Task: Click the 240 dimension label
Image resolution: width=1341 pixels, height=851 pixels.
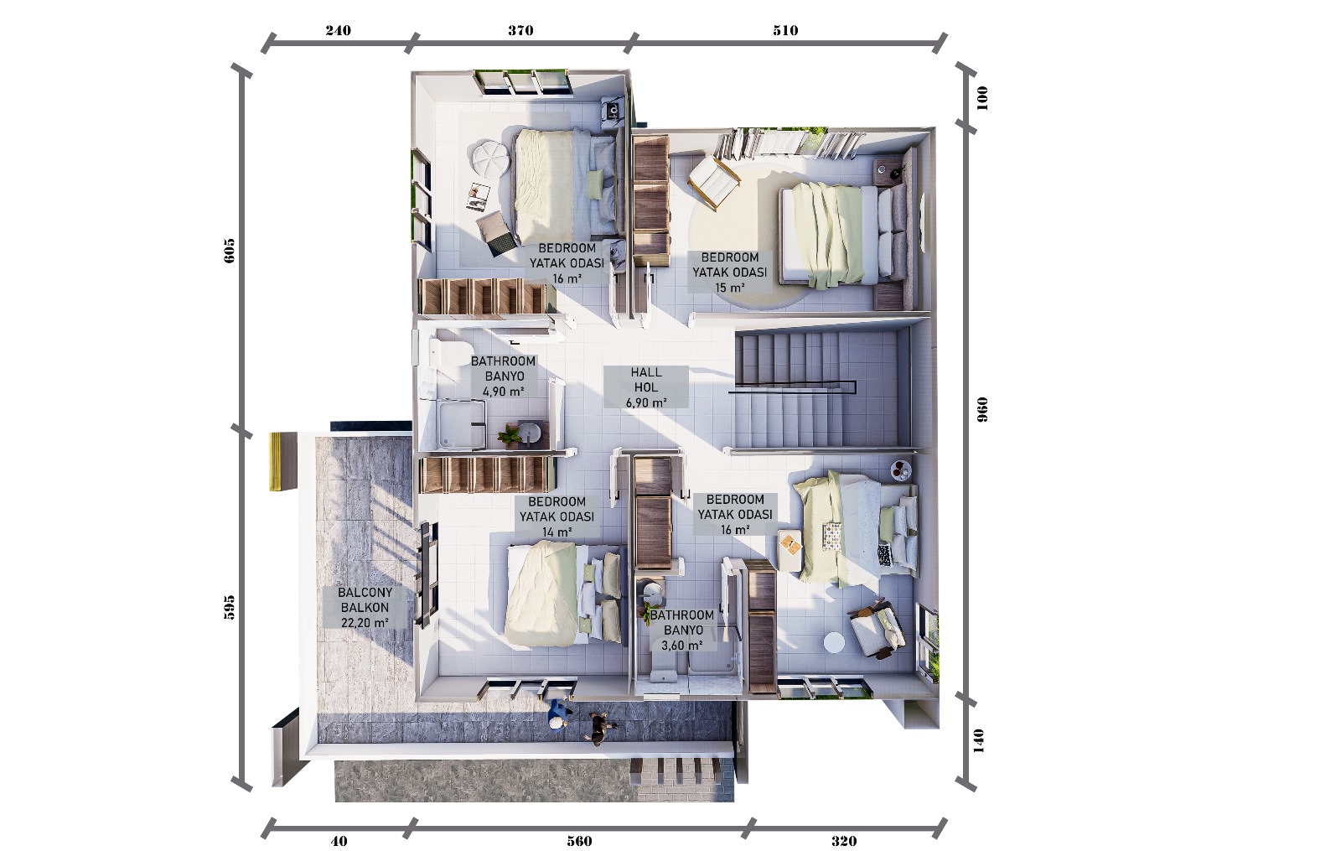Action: tap(339, 30)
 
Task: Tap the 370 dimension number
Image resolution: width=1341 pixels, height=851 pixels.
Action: tap(520, 30)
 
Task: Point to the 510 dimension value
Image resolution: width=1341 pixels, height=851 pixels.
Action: tap(785, 30)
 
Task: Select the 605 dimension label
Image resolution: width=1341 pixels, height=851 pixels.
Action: tap(230, 251)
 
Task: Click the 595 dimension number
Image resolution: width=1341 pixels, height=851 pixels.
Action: tap(230, 607)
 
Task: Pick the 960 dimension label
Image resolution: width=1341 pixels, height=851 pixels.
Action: tap(982, 410)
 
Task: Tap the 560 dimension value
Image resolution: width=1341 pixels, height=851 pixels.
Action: tap(579, 841)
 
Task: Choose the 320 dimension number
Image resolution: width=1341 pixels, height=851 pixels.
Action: tap(844, 841)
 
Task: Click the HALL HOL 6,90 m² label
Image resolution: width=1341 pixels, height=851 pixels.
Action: tap(646, 387)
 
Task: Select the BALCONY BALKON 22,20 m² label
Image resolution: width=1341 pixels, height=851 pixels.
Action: tap(365, 607)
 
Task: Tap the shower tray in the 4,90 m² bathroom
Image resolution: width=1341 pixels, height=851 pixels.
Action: tap(461, 424)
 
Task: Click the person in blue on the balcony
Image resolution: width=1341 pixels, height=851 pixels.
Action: tap(559, 715)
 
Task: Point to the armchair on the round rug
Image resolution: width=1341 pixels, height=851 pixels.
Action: tap(712, 181)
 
